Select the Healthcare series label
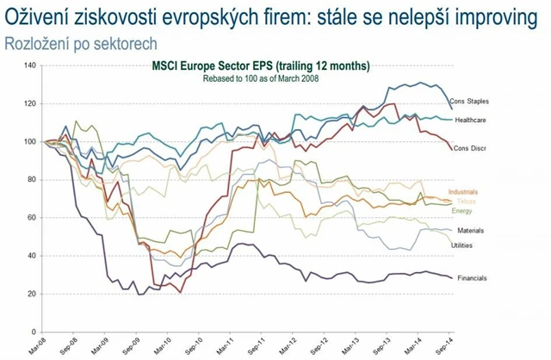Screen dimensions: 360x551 tap(472, 120)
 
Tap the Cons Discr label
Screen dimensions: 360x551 tap(470, 148)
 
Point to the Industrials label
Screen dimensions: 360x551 tap(463, 192)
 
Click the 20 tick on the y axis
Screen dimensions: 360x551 tap(30, 294)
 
